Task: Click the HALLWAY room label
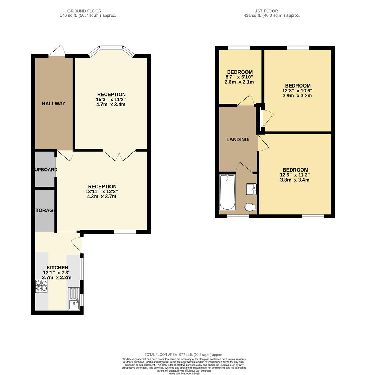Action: (x=54, y=103)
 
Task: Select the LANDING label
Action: (x=237, y=140)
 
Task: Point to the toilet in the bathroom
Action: (x=250, y=207)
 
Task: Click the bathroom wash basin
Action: (x=251, y=189)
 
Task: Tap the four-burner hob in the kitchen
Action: (x=41, y=286)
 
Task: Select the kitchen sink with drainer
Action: (x=74, y=298)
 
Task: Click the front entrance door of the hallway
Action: (x=57, y=51)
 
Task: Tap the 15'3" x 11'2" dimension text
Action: (x=111, y=99)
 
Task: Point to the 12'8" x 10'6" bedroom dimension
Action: (x=298, y=91)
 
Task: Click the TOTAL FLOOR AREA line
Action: (x=184, y=355)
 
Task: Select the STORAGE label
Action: (x=45, y=210)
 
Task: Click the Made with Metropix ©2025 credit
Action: (x=184, y=373)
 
